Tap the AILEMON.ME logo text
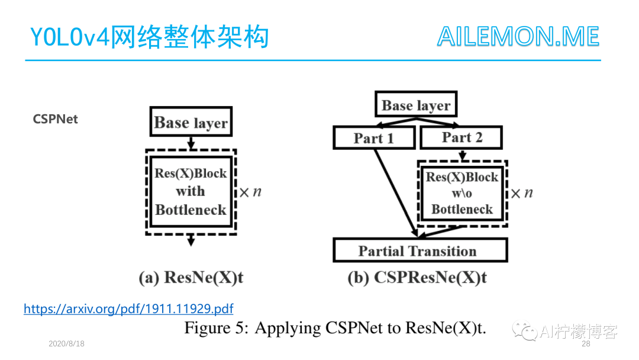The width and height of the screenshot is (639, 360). pyautogui.click(x=518, y=37)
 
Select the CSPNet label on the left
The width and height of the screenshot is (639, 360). pyautogui.click(x=56, y=119)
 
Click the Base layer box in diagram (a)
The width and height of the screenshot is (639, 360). pyautogui.click(x=191, y=123)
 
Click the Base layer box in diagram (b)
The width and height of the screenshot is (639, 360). pyautogui.click(x=416, y=105)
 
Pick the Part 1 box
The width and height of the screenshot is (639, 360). pyautogui.click(x=373, y=138)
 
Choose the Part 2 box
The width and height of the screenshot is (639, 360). pyautogui.click(x=461, y=137)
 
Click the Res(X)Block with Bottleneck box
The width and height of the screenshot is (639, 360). pyautogui.click(x=191, y=191)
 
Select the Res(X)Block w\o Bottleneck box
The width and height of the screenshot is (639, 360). pyautogui.click(x=461, y=193)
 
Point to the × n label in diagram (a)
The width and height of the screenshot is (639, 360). pyautogui.click(x=250, y=192)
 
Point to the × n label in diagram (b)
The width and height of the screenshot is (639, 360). pyautogui.click(x=521, y=193)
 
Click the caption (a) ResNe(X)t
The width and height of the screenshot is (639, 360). pyautogui.click(x=191, y=278)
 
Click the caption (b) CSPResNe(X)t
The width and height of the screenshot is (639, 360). pyautogui.click(x=417, y=278)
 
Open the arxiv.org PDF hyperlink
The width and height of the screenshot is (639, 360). pyautogui.click(x=128, y=308)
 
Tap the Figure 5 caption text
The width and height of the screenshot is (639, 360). pyautogui.click(x=335, y=328)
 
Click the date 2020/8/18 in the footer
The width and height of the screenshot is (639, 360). pyautogui.click(x=66, y=344)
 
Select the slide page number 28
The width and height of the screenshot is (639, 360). pyautogui.click(x=586, y=344)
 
